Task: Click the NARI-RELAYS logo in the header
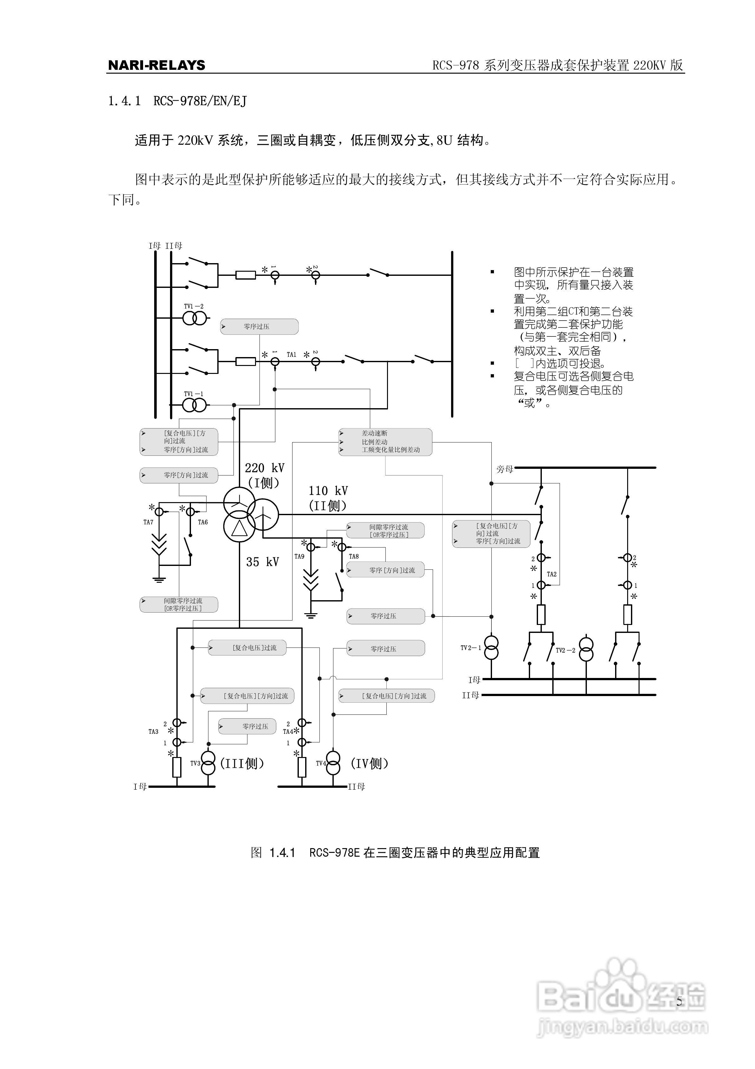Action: point(156,65)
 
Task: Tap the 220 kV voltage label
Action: point(264,468)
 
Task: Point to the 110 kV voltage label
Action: point(328,491)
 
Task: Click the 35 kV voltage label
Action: point(263,562)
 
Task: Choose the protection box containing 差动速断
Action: point(385,442)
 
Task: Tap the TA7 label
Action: point(148,522)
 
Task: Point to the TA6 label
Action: point(203,522)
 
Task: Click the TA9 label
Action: point(299,556)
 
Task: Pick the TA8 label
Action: point(354,556)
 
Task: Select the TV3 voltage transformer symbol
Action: point(208,764)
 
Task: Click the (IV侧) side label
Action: point(370,764)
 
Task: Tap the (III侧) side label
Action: point(242,764)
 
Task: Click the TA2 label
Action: point(552,574)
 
